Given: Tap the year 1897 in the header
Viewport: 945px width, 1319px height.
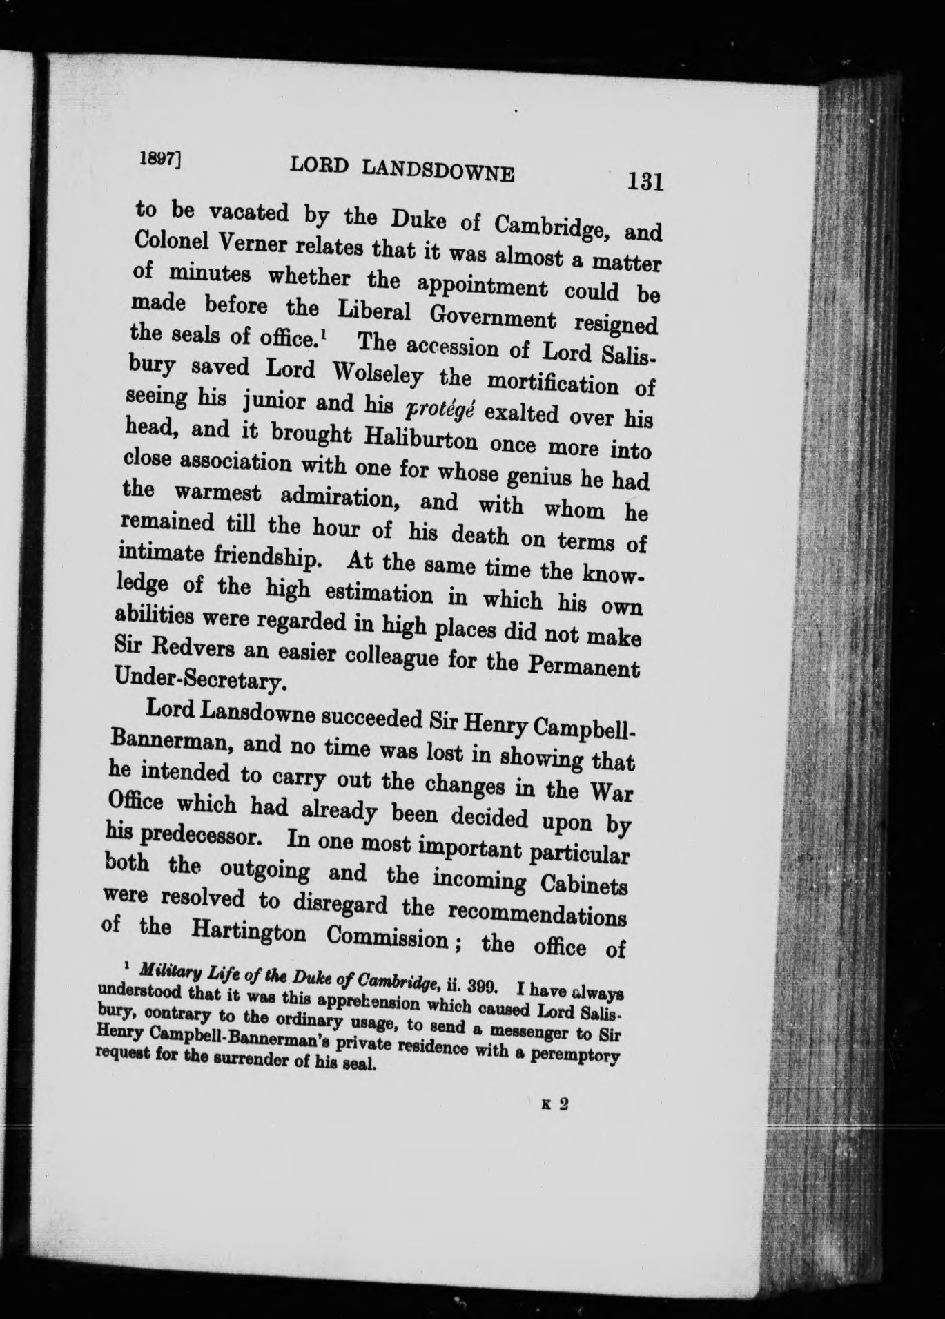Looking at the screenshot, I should tap(155, 157).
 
